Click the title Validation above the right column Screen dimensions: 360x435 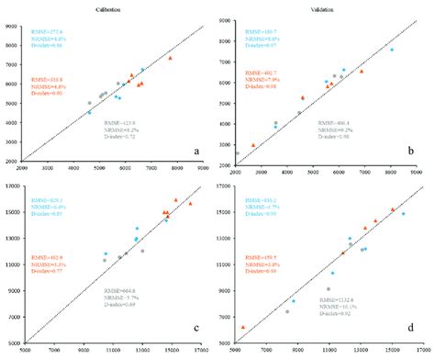[322, 8]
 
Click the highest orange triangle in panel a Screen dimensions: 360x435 [170, 58]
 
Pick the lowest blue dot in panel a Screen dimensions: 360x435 [89, 113]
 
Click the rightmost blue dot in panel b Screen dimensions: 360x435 [392, 50]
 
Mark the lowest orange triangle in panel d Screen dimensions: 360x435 [243, 327]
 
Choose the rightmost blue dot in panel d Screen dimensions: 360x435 [403, 214]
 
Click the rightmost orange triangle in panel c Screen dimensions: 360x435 [191, 204]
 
